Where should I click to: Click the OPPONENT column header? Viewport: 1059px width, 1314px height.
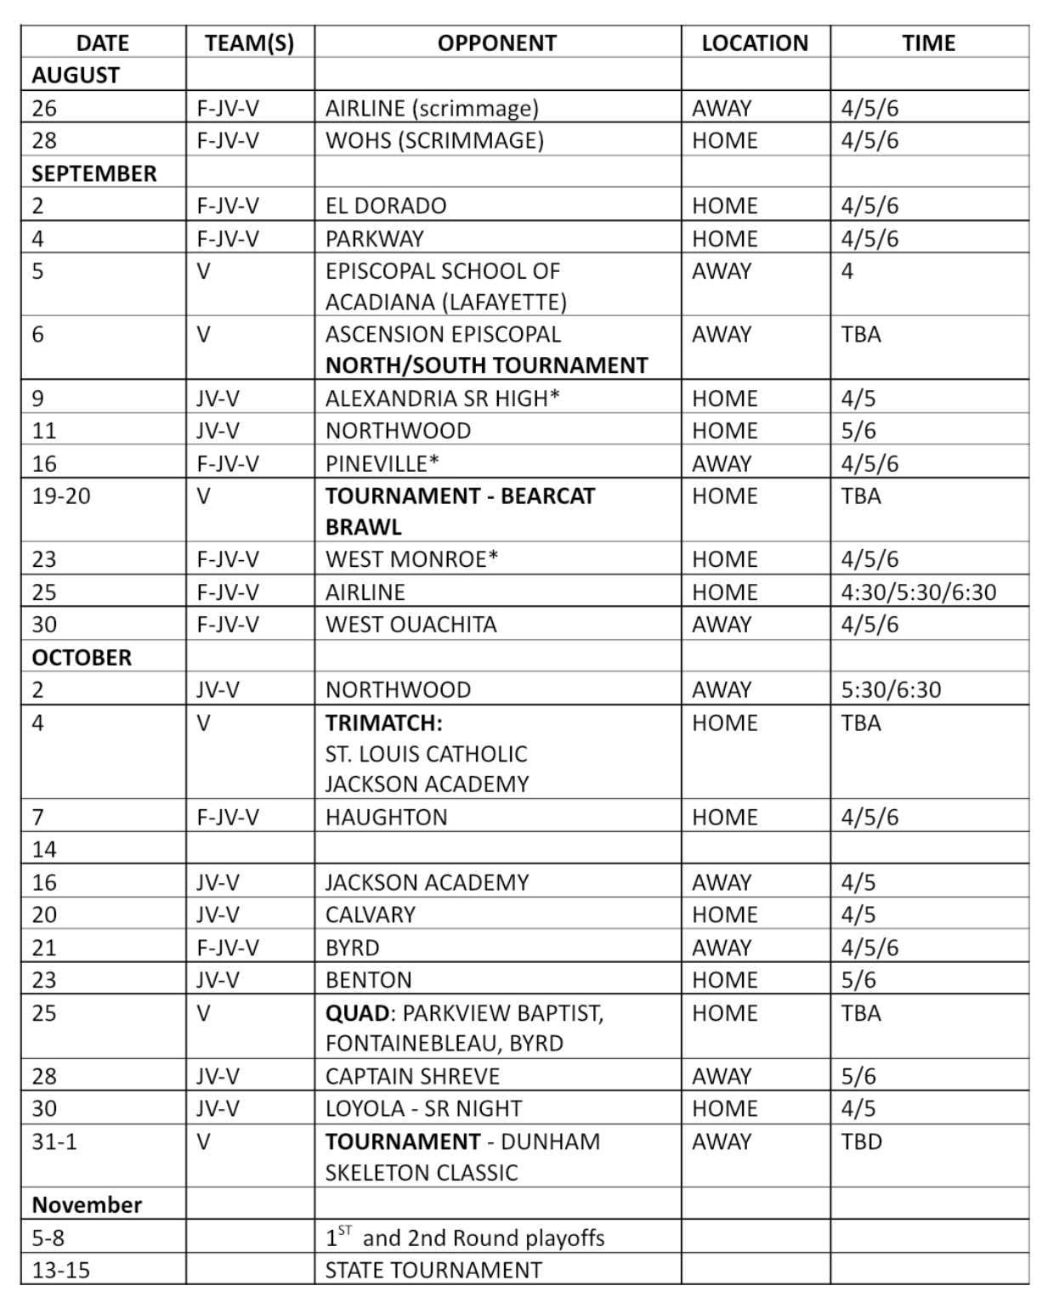click(496, 42)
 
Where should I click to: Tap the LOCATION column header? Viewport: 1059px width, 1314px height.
click(755, 42)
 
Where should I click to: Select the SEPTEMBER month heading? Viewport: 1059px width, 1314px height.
click(94, 173)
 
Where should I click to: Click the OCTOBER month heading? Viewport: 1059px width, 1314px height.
click(82, 657)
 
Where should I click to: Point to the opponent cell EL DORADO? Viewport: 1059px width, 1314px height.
click(386, 206)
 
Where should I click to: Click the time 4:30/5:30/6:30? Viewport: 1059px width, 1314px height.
click(918, 592)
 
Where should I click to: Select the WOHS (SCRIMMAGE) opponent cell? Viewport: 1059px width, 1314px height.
click(434, 140)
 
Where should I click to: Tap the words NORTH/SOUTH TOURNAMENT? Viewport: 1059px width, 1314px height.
click(486, 365)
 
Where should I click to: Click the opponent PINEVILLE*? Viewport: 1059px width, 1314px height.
click(382, 463)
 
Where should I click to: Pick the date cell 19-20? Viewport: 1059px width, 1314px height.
click(61, 496)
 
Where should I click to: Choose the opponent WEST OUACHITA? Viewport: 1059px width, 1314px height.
click(411, 624)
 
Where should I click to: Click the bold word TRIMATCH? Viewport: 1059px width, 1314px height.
click(383, 722)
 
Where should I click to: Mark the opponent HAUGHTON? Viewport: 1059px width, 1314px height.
click(386, 817)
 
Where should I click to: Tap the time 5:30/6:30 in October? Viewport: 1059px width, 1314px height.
click(891, 689)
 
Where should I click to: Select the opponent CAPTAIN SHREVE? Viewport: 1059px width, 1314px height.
click(412, 1076)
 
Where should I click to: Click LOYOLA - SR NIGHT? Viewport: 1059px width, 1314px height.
click(423, 1108)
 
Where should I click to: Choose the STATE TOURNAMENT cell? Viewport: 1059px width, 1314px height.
click(433, 1270)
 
